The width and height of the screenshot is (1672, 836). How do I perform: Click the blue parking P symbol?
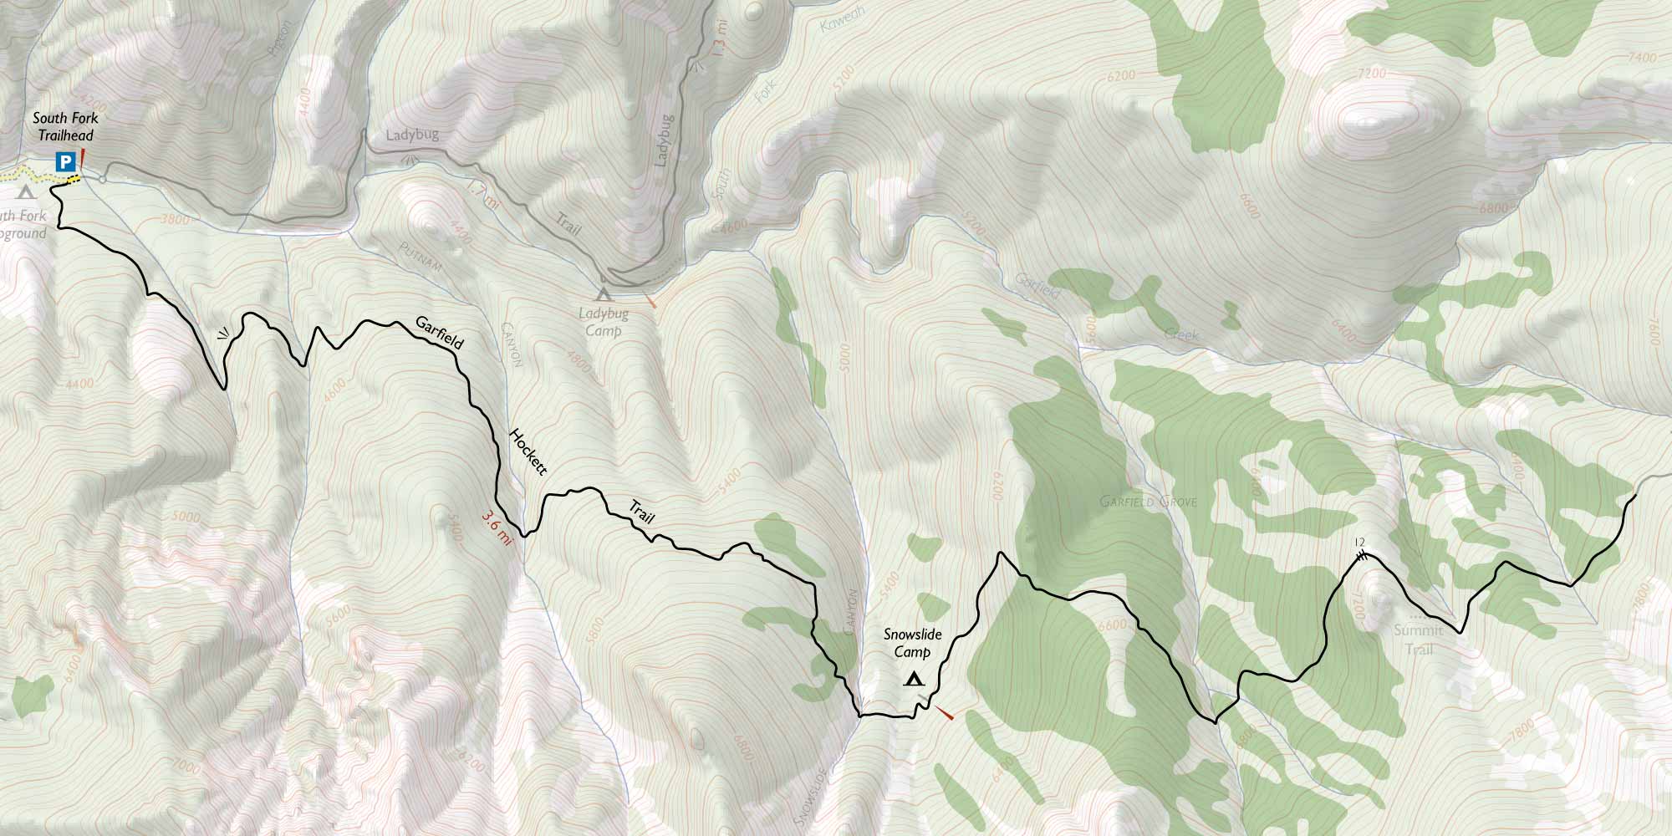pyautogui.click(x=64, y=161)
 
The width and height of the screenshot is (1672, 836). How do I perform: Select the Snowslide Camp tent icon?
pyautogui.click(x=913, y=679)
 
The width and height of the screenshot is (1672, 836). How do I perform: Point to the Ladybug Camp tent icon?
pyautogui.click(x=602, y=293)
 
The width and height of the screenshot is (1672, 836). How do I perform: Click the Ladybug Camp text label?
pyautogui.click(x=603, y=323)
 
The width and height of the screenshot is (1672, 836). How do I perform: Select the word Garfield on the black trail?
pyautogui.click(x=439, y=333)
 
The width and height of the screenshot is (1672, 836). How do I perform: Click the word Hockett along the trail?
pyautogui.click(x=528, y=451)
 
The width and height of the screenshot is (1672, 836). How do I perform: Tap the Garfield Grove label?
pyautogui.click(x=1148, y=502)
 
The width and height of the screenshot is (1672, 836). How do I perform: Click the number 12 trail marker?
pyautogui.click(x=1358, y=543)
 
